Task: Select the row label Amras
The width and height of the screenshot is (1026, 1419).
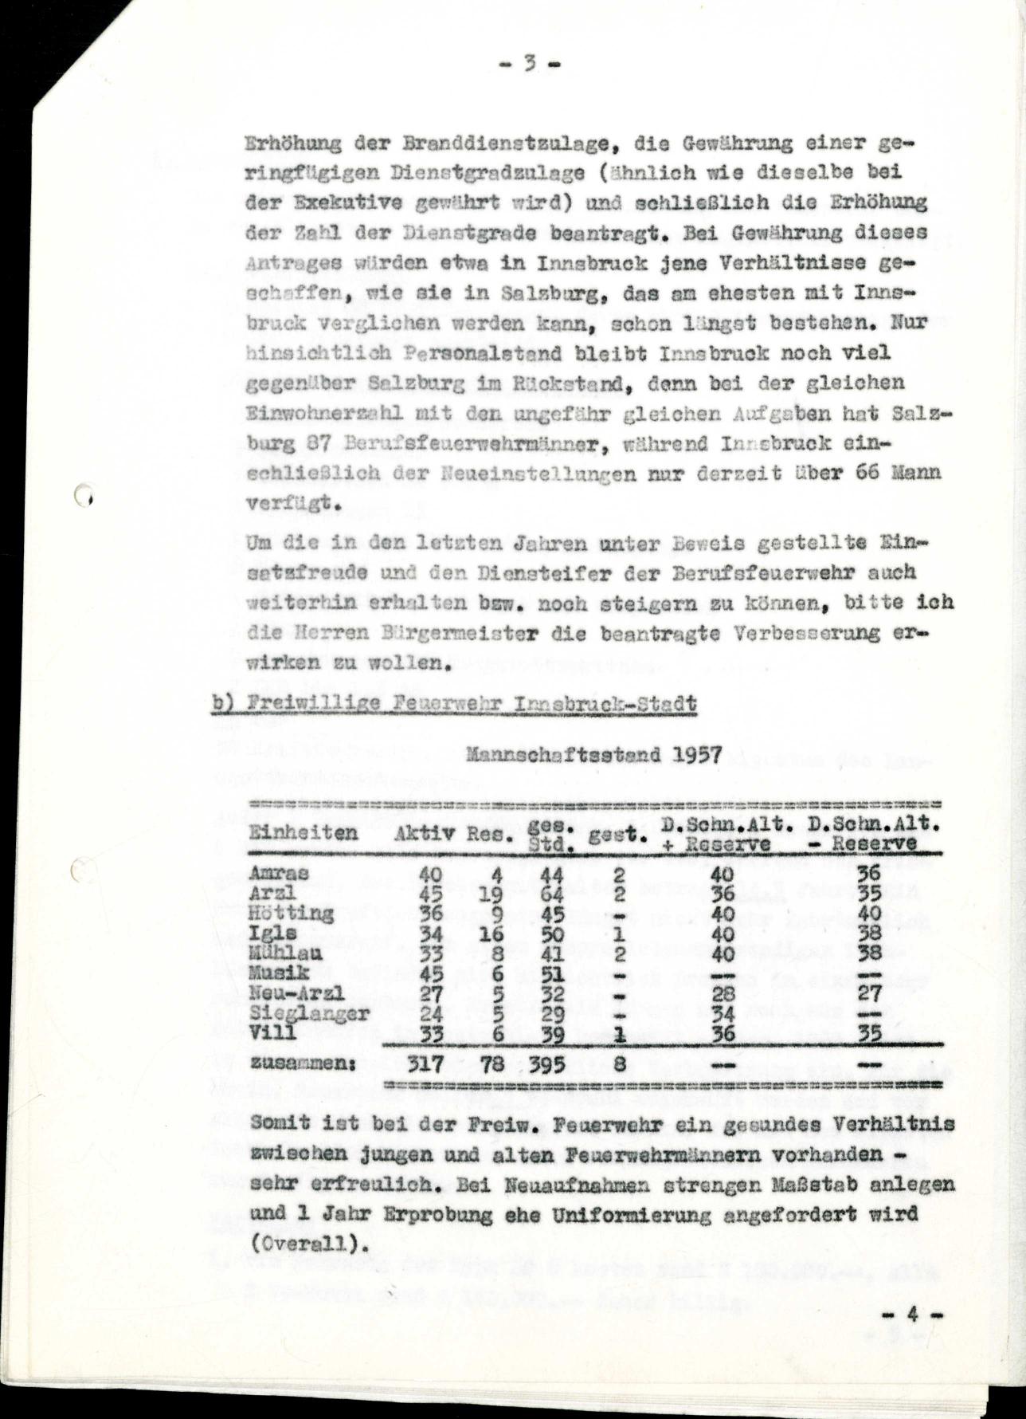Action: pyautogui.click(x=268, y=875)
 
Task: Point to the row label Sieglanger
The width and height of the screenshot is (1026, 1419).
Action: pyautogui.click(x=309, y=1013)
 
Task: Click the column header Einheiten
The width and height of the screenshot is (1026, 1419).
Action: pyautogui.click(x=303, y=832)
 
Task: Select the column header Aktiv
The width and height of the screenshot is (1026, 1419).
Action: pyautogui.click(x=425, y=834)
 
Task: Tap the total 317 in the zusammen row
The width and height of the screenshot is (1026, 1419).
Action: pyautogui.click(x=425, y=1063)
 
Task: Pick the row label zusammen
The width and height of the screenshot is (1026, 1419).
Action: pyautogui.click(x=302, y=1063)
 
